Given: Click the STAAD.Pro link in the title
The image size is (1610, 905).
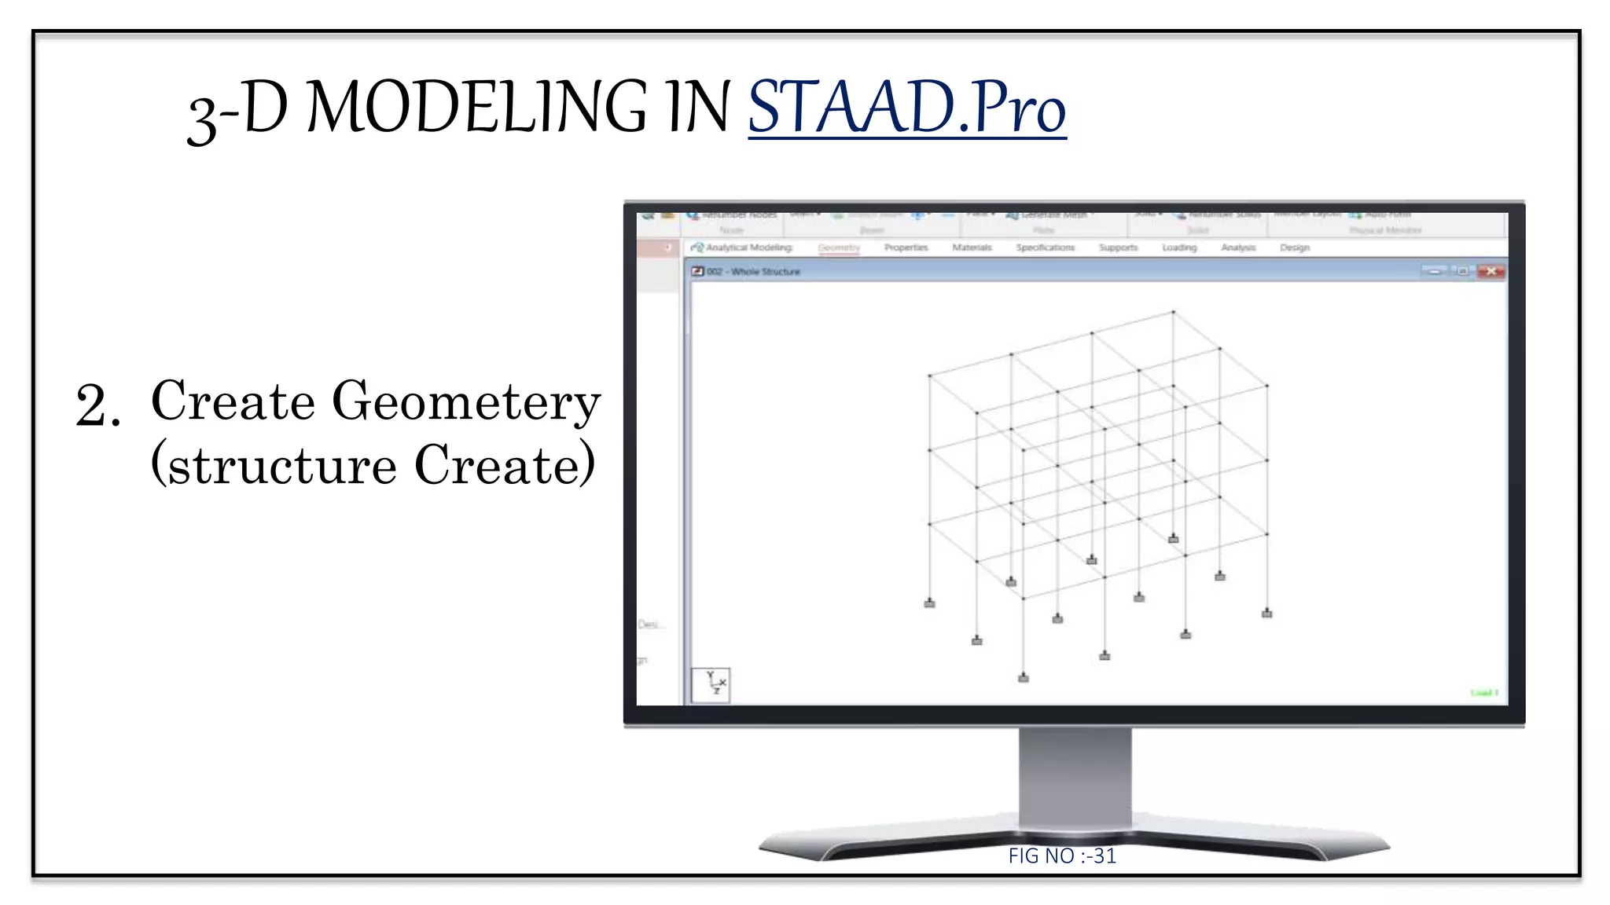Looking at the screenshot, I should pos(906,107).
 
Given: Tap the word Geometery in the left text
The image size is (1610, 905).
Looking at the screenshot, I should pos(466,402).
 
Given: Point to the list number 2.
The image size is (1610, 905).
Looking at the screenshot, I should pos(97,407).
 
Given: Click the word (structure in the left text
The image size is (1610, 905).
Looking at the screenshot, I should pos(274,465).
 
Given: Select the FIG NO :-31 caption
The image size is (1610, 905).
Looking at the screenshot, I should pos(1062,856).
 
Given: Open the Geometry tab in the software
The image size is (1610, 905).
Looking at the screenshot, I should pos(839,247).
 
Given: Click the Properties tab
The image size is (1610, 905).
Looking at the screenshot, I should pos(906,247).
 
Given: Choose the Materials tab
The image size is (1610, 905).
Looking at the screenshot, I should pos(972,247).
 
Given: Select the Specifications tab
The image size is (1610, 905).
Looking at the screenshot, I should pos(1045,247).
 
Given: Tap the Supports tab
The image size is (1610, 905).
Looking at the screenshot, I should pos(1118,247).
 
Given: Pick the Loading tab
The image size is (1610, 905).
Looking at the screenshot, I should pos(1179,247).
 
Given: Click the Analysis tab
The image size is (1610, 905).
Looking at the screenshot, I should pos(1238,247).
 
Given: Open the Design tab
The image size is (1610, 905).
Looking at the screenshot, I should pos(1294,247).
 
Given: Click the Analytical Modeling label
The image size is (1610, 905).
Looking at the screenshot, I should pos(748,247).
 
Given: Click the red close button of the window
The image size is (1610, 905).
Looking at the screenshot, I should pos(1490,272).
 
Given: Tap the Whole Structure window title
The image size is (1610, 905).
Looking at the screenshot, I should pos(764,272).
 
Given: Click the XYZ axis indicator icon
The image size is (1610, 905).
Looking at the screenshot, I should pos(711,684).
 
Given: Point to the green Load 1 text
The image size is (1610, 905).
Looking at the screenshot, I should pos(1484,693).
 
